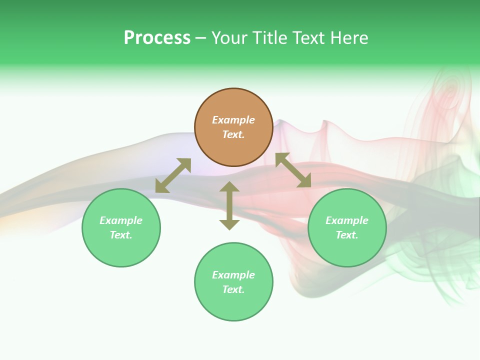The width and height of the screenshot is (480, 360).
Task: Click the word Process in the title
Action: tap(157, 38)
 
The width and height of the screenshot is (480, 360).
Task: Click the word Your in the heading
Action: tap(228, 38)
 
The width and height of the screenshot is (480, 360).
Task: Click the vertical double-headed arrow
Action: tap(229, 205)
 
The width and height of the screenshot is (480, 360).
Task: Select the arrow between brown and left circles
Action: tap(173, 175)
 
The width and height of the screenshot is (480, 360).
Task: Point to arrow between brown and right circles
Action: tap(293, 170)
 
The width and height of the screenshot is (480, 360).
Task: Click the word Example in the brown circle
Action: tap(233, 120)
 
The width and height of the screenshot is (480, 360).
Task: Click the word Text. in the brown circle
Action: tap(233, 134)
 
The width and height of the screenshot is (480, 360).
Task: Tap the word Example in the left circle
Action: tap(121, 220)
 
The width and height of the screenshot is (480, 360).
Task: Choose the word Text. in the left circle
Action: tap(121, 235)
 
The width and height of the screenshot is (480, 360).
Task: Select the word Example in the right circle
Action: tap(347, 220)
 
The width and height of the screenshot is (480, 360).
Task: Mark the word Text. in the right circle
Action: tap(347, 235)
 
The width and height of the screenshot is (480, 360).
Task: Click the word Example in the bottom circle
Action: tap(233, 275)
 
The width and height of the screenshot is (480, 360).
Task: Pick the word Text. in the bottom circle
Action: tap(233, 289)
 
